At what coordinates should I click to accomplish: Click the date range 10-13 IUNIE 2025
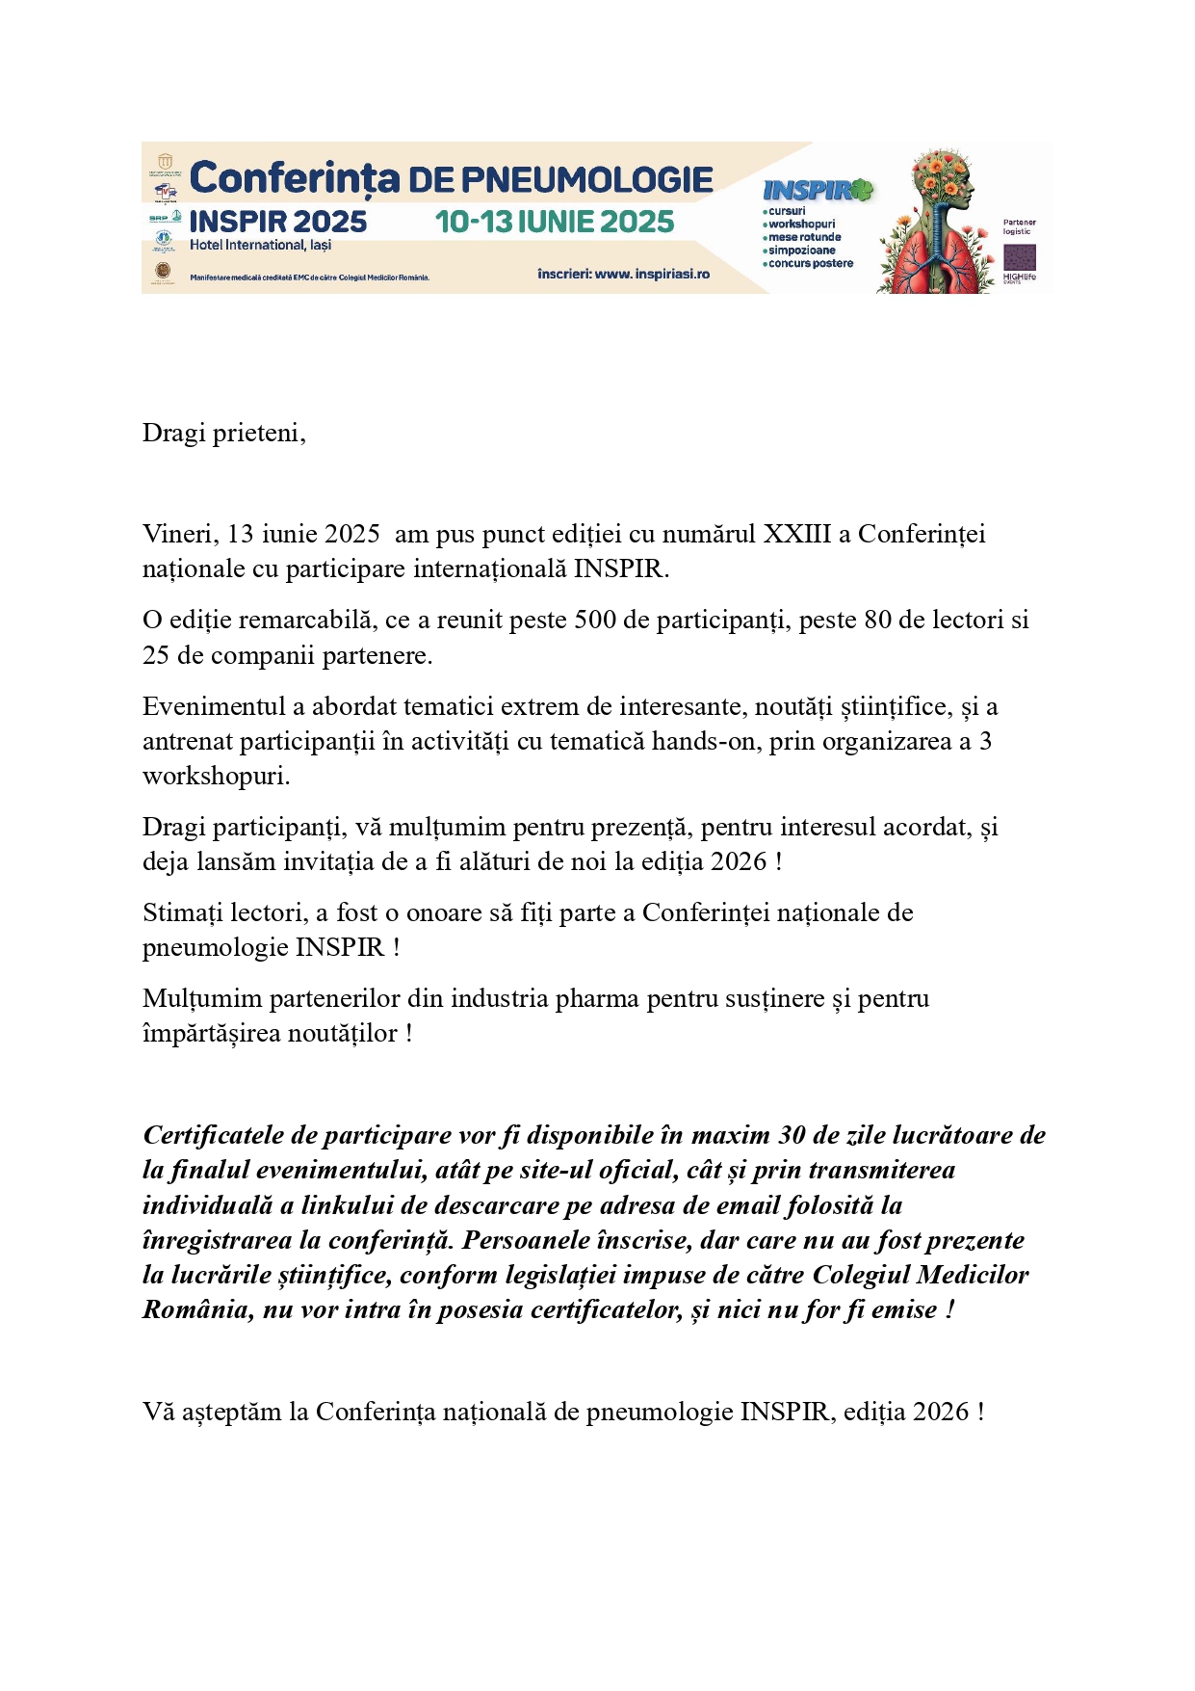pos(554,222)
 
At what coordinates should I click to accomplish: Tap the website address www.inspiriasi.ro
pos(652,274)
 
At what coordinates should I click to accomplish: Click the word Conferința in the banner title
pos(294,179)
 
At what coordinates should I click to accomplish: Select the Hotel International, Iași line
pos(260,245)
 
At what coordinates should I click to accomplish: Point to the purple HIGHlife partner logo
pos(1020,259)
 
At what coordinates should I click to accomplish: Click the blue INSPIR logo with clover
pos(817,190)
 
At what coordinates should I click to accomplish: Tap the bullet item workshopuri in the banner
pos(801,224)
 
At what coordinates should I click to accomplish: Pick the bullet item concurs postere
pos(810,263)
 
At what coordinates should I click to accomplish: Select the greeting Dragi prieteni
pos(223,433)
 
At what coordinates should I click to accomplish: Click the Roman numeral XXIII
pos(796,534)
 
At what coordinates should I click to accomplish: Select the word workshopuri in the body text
pos(216,776)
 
